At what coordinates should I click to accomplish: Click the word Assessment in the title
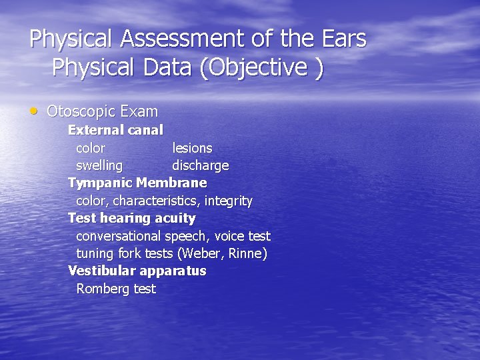182,39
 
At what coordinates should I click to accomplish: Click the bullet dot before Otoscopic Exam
34,111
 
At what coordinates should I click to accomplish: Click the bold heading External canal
115,129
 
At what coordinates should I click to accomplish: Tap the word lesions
192,147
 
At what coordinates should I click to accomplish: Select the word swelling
99,165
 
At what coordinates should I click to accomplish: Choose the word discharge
200,165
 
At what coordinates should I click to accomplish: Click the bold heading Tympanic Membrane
137,183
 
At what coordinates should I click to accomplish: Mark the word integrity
229,201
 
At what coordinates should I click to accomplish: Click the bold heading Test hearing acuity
131,218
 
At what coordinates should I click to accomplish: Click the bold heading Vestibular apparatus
137,271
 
